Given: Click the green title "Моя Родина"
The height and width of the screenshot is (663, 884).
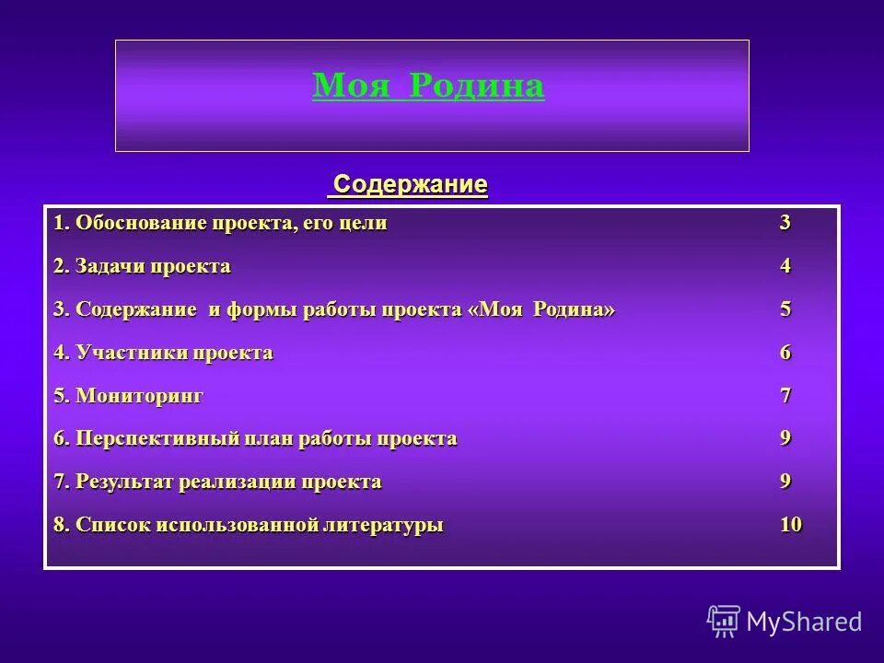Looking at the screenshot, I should coord(428,86).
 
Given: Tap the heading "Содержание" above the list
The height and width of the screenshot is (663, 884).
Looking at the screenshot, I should coord(410,184).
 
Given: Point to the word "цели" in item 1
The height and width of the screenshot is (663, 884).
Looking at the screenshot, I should coord(366,223).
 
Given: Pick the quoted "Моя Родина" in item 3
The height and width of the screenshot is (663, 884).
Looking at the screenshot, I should coord(542,309).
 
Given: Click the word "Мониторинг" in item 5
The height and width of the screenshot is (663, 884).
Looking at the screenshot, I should coord(139,396).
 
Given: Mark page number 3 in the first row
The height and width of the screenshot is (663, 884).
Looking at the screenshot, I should coord(785,223).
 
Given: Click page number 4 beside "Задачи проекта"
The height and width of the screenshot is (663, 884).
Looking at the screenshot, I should coord(785,266).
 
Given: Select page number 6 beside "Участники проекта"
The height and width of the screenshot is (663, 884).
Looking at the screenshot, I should coord(785,353).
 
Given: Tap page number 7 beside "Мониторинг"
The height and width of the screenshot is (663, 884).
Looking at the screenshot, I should coord(785,396).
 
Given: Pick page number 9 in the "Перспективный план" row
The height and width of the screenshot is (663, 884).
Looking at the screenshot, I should coord(785,438).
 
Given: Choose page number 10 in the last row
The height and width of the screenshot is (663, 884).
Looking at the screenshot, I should coord(790,525).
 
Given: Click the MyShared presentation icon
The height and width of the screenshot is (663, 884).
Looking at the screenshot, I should coord(724,621).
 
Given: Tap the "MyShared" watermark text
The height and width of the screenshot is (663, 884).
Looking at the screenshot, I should coord(804,622).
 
